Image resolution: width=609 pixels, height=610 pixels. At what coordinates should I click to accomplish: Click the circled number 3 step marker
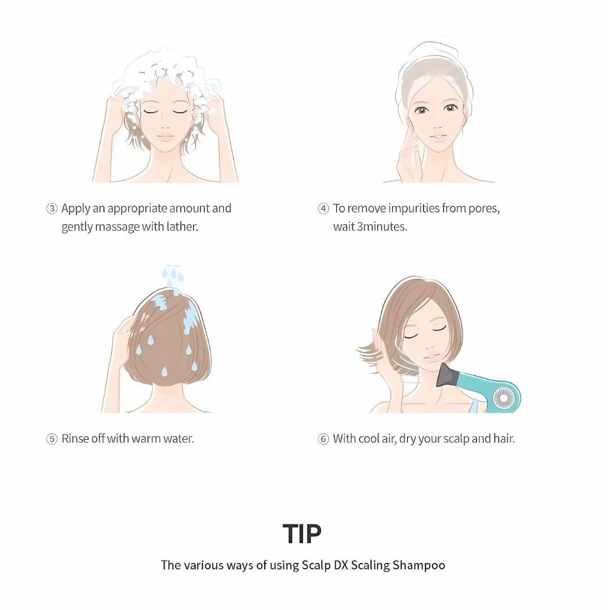pyautogui.click(x=52, y=209)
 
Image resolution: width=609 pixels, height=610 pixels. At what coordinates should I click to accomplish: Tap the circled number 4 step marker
pyautogui.click(x=323, y=209)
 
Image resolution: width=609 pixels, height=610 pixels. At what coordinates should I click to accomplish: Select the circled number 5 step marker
pyautogui.click(x=52, y=439)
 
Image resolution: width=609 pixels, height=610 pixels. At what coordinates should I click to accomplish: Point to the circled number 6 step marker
pyautogui.click(x=323, y=439)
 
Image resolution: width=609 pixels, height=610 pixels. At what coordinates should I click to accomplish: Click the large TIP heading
pyautogui.click(x=302, y=534)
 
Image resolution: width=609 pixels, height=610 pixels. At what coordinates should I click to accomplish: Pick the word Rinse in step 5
pyautogui.click(x=75, y=439)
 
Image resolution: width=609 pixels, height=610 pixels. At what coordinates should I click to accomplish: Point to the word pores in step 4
pyautogui.click(x=483, y=208)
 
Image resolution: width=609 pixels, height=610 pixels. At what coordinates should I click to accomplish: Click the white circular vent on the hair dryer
pyautogui.click(x=503, y=398)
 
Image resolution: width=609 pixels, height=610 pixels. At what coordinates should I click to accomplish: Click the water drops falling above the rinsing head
pyautogui.click(x=172, y=274)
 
